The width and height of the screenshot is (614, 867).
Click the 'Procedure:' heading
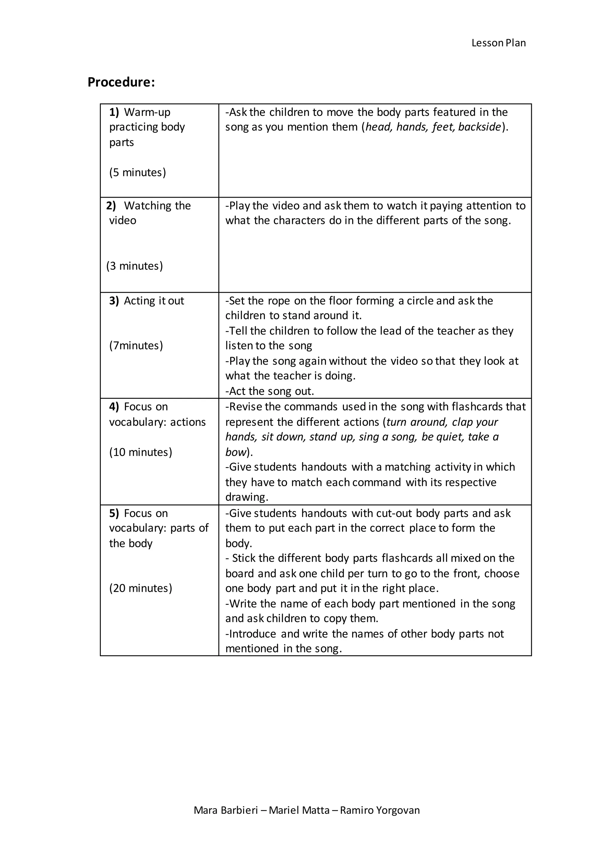coord(121,82)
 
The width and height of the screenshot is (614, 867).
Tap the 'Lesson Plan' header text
coord(498,43)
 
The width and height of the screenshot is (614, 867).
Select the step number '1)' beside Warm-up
coord(114,112)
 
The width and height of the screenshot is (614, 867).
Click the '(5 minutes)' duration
coord(138,172)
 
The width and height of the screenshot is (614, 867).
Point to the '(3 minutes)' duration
coord(135,266)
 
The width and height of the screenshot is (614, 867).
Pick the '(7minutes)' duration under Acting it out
coord(136,345)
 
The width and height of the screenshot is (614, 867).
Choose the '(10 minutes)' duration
coord(141,452)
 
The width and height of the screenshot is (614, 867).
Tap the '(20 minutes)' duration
coord(141,588)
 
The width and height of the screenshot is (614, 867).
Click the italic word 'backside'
coord(479,127)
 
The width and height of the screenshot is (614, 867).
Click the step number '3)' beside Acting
coord(114,301)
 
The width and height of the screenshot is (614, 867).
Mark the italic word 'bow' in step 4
coord(236,452)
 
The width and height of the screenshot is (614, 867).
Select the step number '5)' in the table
coord(114,513)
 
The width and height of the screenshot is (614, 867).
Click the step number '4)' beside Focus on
coord(114,407)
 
